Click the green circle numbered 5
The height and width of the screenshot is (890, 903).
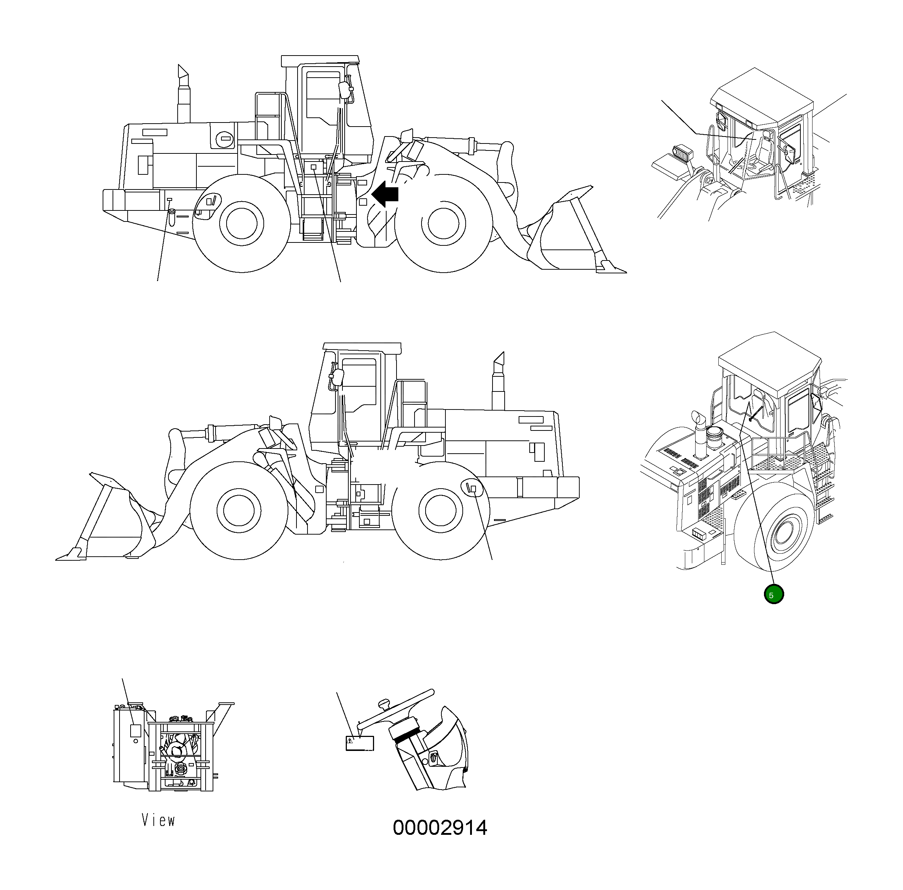[x=773, y=595]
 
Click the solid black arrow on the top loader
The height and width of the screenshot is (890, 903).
[x=385, y=194]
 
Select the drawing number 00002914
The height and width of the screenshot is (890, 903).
[x=440, y=827]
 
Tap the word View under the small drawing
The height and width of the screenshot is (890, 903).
[x=159, y=820]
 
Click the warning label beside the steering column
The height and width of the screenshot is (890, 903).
[x=360, y=743]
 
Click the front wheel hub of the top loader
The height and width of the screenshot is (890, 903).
[x=444, y=223]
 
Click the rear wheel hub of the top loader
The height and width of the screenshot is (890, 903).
[x=241, y=223]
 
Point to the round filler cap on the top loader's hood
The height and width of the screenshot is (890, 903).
[x=225, y=138]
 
